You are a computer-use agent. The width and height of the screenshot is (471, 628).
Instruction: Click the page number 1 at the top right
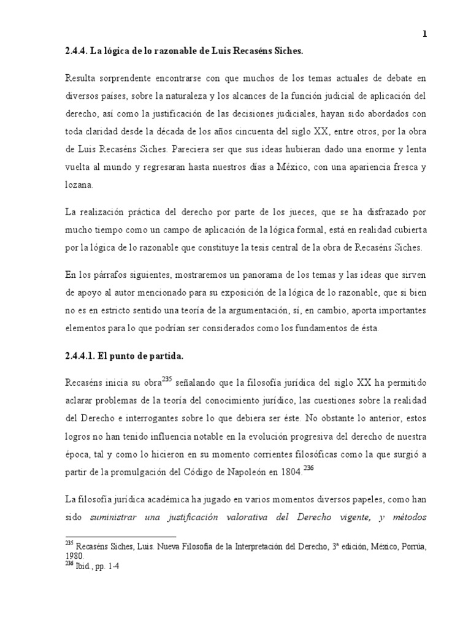pos(424,34)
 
